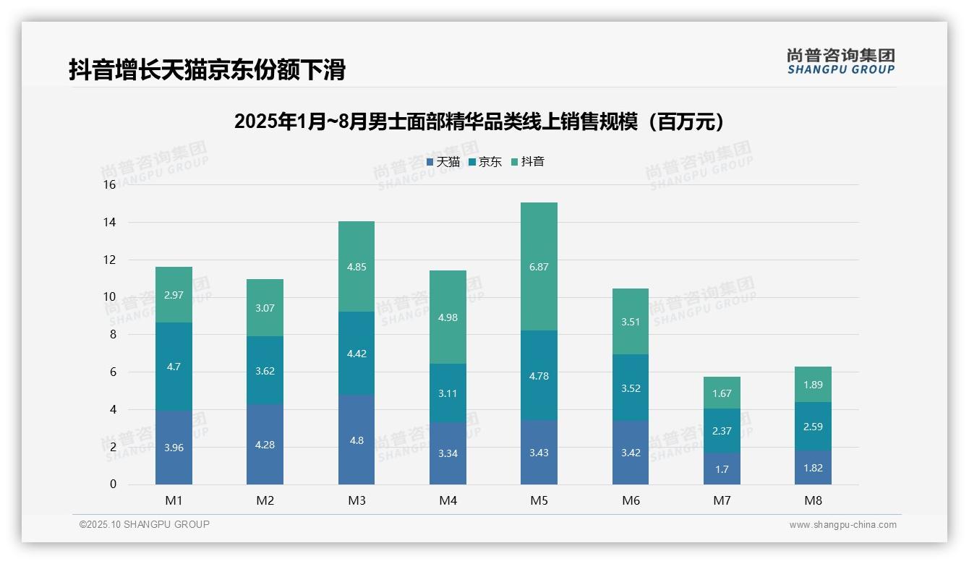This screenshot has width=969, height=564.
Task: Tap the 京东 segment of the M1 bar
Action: [x=174, y=367]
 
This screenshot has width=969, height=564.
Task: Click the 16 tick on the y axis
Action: [x=109, y=185]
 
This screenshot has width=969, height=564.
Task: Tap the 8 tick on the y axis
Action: [x=112, y=335]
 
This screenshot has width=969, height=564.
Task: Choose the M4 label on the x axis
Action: [x=448, y=500]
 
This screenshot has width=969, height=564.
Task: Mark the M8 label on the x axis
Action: [x=813, y=500]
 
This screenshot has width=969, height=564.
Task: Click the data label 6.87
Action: [x=539, y=267]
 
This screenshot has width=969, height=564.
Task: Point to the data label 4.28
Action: [x=265, y=445]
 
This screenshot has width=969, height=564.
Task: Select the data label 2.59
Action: [x=813, y=427]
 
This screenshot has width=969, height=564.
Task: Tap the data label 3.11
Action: [x=448, y=393]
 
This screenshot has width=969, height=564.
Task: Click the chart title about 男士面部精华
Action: [x=479, y=121]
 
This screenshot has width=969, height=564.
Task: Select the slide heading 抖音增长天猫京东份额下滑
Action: [x=207, y=69]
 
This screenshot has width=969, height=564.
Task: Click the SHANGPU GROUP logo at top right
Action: [x=840, y=61]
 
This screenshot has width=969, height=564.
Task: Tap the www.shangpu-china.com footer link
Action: [x=842, y=525]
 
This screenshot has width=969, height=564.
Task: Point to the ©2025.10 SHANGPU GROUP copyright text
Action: [x=145, y=525]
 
